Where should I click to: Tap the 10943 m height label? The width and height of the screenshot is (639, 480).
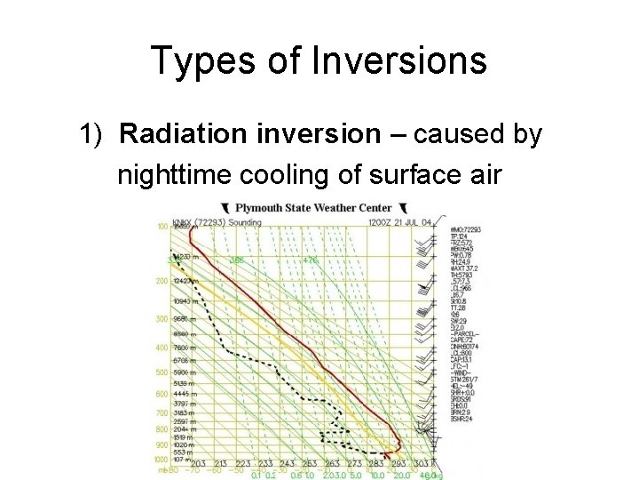[x=185, y=301]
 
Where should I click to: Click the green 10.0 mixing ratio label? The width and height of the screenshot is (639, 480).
[x=379, y=476]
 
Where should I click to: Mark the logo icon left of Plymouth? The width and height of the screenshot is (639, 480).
[x=227, y=208]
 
